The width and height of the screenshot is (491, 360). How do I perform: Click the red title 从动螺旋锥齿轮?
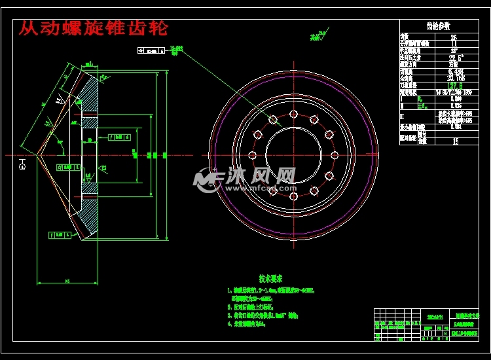[92, 28]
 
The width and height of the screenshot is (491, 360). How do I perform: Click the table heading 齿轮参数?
[438, 26]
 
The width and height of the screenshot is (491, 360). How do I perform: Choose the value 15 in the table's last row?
[455, 140]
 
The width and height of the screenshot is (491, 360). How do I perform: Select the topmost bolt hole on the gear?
[293, 113]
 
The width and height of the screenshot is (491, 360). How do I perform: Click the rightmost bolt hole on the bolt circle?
[335, 155]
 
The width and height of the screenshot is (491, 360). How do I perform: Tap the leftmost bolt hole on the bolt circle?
[251, 155]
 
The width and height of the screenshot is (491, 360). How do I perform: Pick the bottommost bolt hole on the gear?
[293, 197]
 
